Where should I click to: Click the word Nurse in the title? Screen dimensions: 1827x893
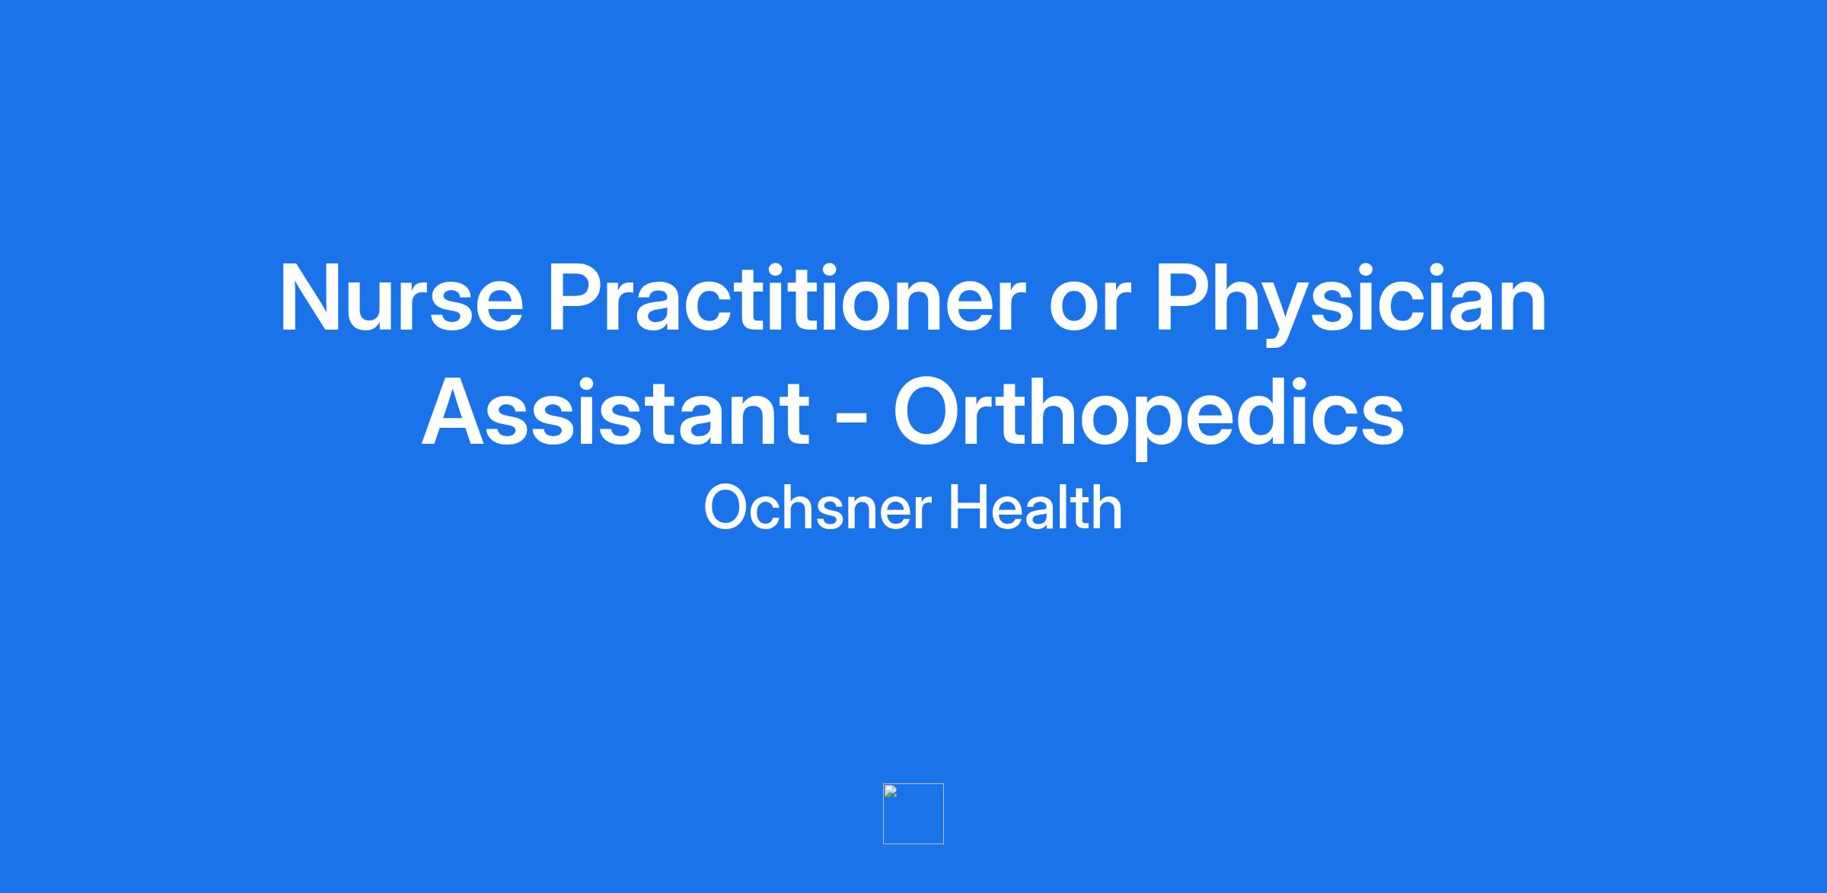(401, 298)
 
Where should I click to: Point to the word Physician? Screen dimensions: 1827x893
(1350, 302)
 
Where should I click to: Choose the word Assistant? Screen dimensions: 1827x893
(616, 412)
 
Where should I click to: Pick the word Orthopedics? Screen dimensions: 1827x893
(1148, 416)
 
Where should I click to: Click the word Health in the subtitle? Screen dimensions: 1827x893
(1035, 506)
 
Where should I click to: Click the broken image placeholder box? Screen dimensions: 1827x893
(913, 814)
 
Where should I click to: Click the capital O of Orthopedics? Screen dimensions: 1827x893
(928, 411)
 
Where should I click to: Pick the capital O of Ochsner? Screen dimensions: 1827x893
(726, 508)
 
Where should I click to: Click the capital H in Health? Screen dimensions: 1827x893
(968, 507)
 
